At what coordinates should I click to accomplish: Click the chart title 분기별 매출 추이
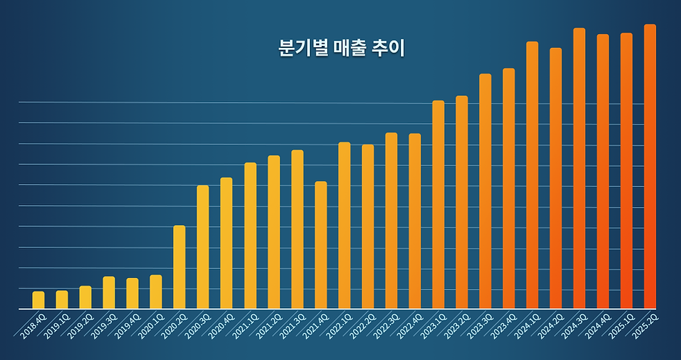341,49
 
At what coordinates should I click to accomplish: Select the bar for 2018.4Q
38,300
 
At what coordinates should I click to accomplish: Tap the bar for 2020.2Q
179,267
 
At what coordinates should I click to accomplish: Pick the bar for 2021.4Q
320,245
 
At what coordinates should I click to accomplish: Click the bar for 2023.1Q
438,204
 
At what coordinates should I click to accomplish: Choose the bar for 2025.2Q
650,167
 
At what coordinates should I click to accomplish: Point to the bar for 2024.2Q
555,178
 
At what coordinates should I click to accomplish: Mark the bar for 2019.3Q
108,293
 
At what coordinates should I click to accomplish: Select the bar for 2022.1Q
344,225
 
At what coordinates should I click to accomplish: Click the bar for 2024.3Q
579,168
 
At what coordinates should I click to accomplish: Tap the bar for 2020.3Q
203,247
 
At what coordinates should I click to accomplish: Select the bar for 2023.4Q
509,188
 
